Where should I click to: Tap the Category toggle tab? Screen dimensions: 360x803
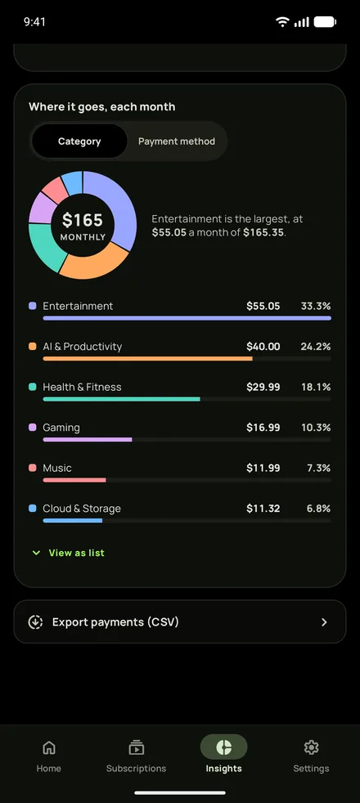(79, 141)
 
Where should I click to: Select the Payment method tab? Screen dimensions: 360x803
(177, 141)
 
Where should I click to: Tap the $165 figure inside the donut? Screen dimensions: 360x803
(83, 220)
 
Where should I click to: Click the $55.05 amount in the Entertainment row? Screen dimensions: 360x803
(263, 307)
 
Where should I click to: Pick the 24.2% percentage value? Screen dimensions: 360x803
(316, 347)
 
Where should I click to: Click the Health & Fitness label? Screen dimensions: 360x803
(82, 387)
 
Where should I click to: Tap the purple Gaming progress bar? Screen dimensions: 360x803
(88, 439)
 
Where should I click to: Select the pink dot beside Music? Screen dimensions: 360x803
(33, 468)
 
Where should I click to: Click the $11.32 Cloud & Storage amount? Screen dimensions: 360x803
(263, 509)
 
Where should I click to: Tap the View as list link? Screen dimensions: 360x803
(76, 553)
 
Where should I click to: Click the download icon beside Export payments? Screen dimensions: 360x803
(35, 622)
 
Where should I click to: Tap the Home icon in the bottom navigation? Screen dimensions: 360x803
(48, 747)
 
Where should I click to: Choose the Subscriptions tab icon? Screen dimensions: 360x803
(136, 747)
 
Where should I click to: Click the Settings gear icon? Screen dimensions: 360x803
(311, 747)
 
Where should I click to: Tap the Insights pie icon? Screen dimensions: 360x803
(224, 747)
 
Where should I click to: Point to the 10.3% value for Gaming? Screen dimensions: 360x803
(316, 428)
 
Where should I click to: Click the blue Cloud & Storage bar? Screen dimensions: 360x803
(73, 520)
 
